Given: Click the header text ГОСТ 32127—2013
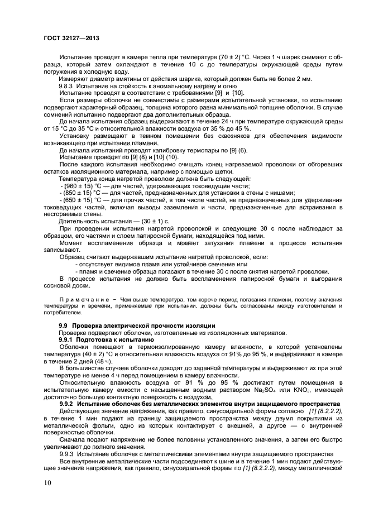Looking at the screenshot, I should pyautogui.click(x=71, y=39).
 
